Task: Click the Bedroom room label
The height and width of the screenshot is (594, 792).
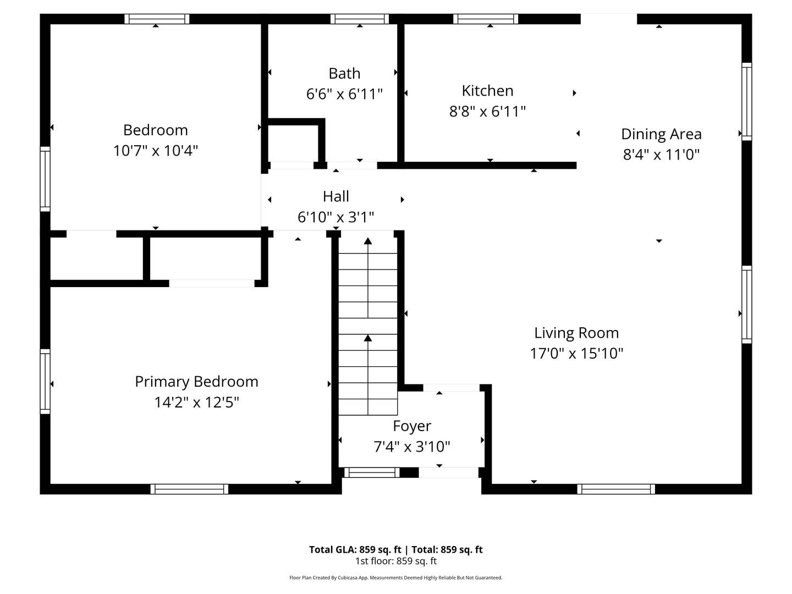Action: point(155,130)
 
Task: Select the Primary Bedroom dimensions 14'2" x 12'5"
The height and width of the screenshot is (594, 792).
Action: point(196,403)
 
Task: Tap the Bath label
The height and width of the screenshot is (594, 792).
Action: point(344,73)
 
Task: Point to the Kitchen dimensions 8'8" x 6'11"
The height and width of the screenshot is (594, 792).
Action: point(487,112)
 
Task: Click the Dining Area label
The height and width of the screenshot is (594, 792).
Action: point(661,134)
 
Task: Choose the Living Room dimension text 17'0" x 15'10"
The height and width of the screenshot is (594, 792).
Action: point(576,353)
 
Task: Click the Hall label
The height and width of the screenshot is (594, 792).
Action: point(335,196)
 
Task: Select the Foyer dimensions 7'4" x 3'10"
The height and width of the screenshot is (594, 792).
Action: point(412,447)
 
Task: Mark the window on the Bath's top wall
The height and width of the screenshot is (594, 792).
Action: point(360,19)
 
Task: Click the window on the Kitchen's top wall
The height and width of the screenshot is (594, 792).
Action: point(486,19)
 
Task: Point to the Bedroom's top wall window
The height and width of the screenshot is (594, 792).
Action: point(157,19)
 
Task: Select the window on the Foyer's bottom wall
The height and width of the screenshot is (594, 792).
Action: point(372,472)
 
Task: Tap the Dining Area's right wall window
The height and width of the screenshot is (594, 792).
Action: point(746,101)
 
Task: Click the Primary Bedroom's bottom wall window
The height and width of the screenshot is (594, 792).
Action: point(189,489)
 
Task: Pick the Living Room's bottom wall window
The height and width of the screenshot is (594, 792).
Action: point(616,489)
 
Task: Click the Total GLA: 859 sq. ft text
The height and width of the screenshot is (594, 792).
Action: point(355,549)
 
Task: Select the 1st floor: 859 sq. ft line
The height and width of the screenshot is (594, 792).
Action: point(395,562)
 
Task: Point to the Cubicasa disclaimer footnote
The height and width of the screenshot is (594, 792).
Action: point(395,578)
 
